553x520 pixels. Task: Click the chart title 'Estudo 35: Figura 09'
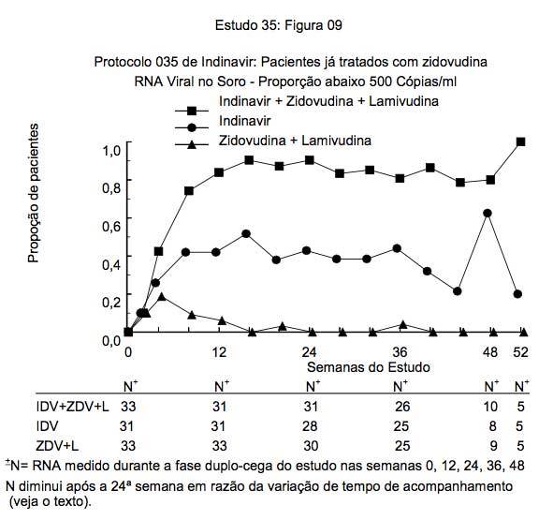click(x=278, y=25)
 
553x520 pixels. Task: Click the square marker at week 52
click(x=520, y=142)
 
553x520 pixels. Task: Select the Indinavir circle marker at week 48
click(x=488, y=213)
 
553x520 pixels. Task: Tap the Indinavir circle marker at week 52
click(x=517, y=293)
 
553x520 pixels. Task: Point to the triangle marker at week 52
click(x=524, y=332)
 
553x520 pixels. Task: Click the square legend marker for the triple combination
click(x=192, y=111)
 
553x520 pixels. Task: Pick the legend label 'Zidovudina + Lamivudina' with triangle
click(x=295, y=141)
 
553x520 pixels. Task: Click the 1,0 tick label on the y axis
click(x=111, y=150)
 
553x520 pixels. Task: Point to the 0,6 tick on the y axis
click(x=129, y=218)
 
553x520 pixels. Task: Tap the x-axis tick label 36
click(x=400, y=352)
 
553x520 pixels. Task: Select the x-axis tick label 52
click(x=520, y=352)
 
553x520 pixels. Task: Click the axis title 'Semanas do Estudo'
click(x=369, y=367)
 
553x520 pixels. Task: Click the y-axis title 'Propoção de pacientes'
click(x=33, y=193)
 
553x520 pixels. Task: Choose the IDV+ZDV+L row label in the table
click(x=73, y=407)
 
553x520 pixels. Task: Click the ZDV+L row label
click(x=57, y=446)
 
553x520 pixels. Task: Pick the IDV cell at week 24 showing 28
click(x=310, y=426)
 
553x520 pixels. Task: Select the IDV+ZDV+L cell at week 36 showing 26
click(x=402, y=407)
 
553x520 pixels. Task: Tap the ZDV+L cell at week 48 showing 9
click(x=493, y=446)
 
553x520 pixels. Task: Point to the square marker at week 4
click(x=159, y=251)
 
